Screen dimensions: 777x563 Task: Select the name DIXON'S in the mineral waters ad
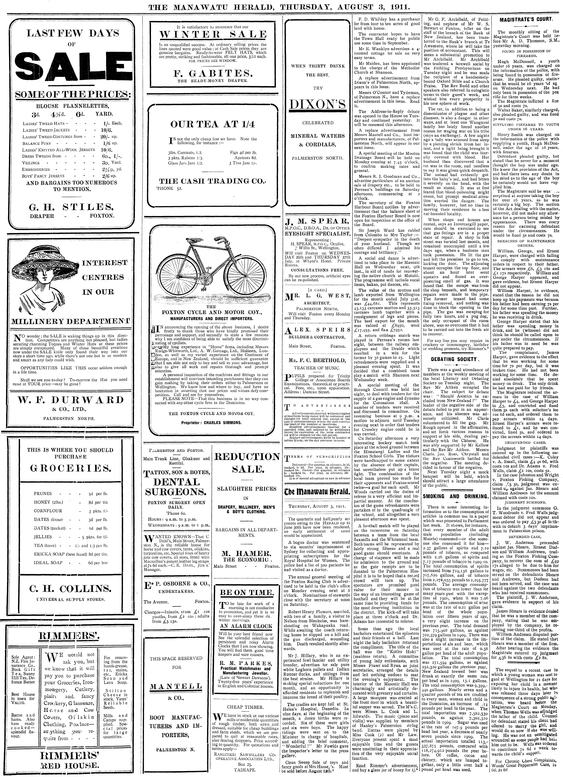[317, 104]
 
